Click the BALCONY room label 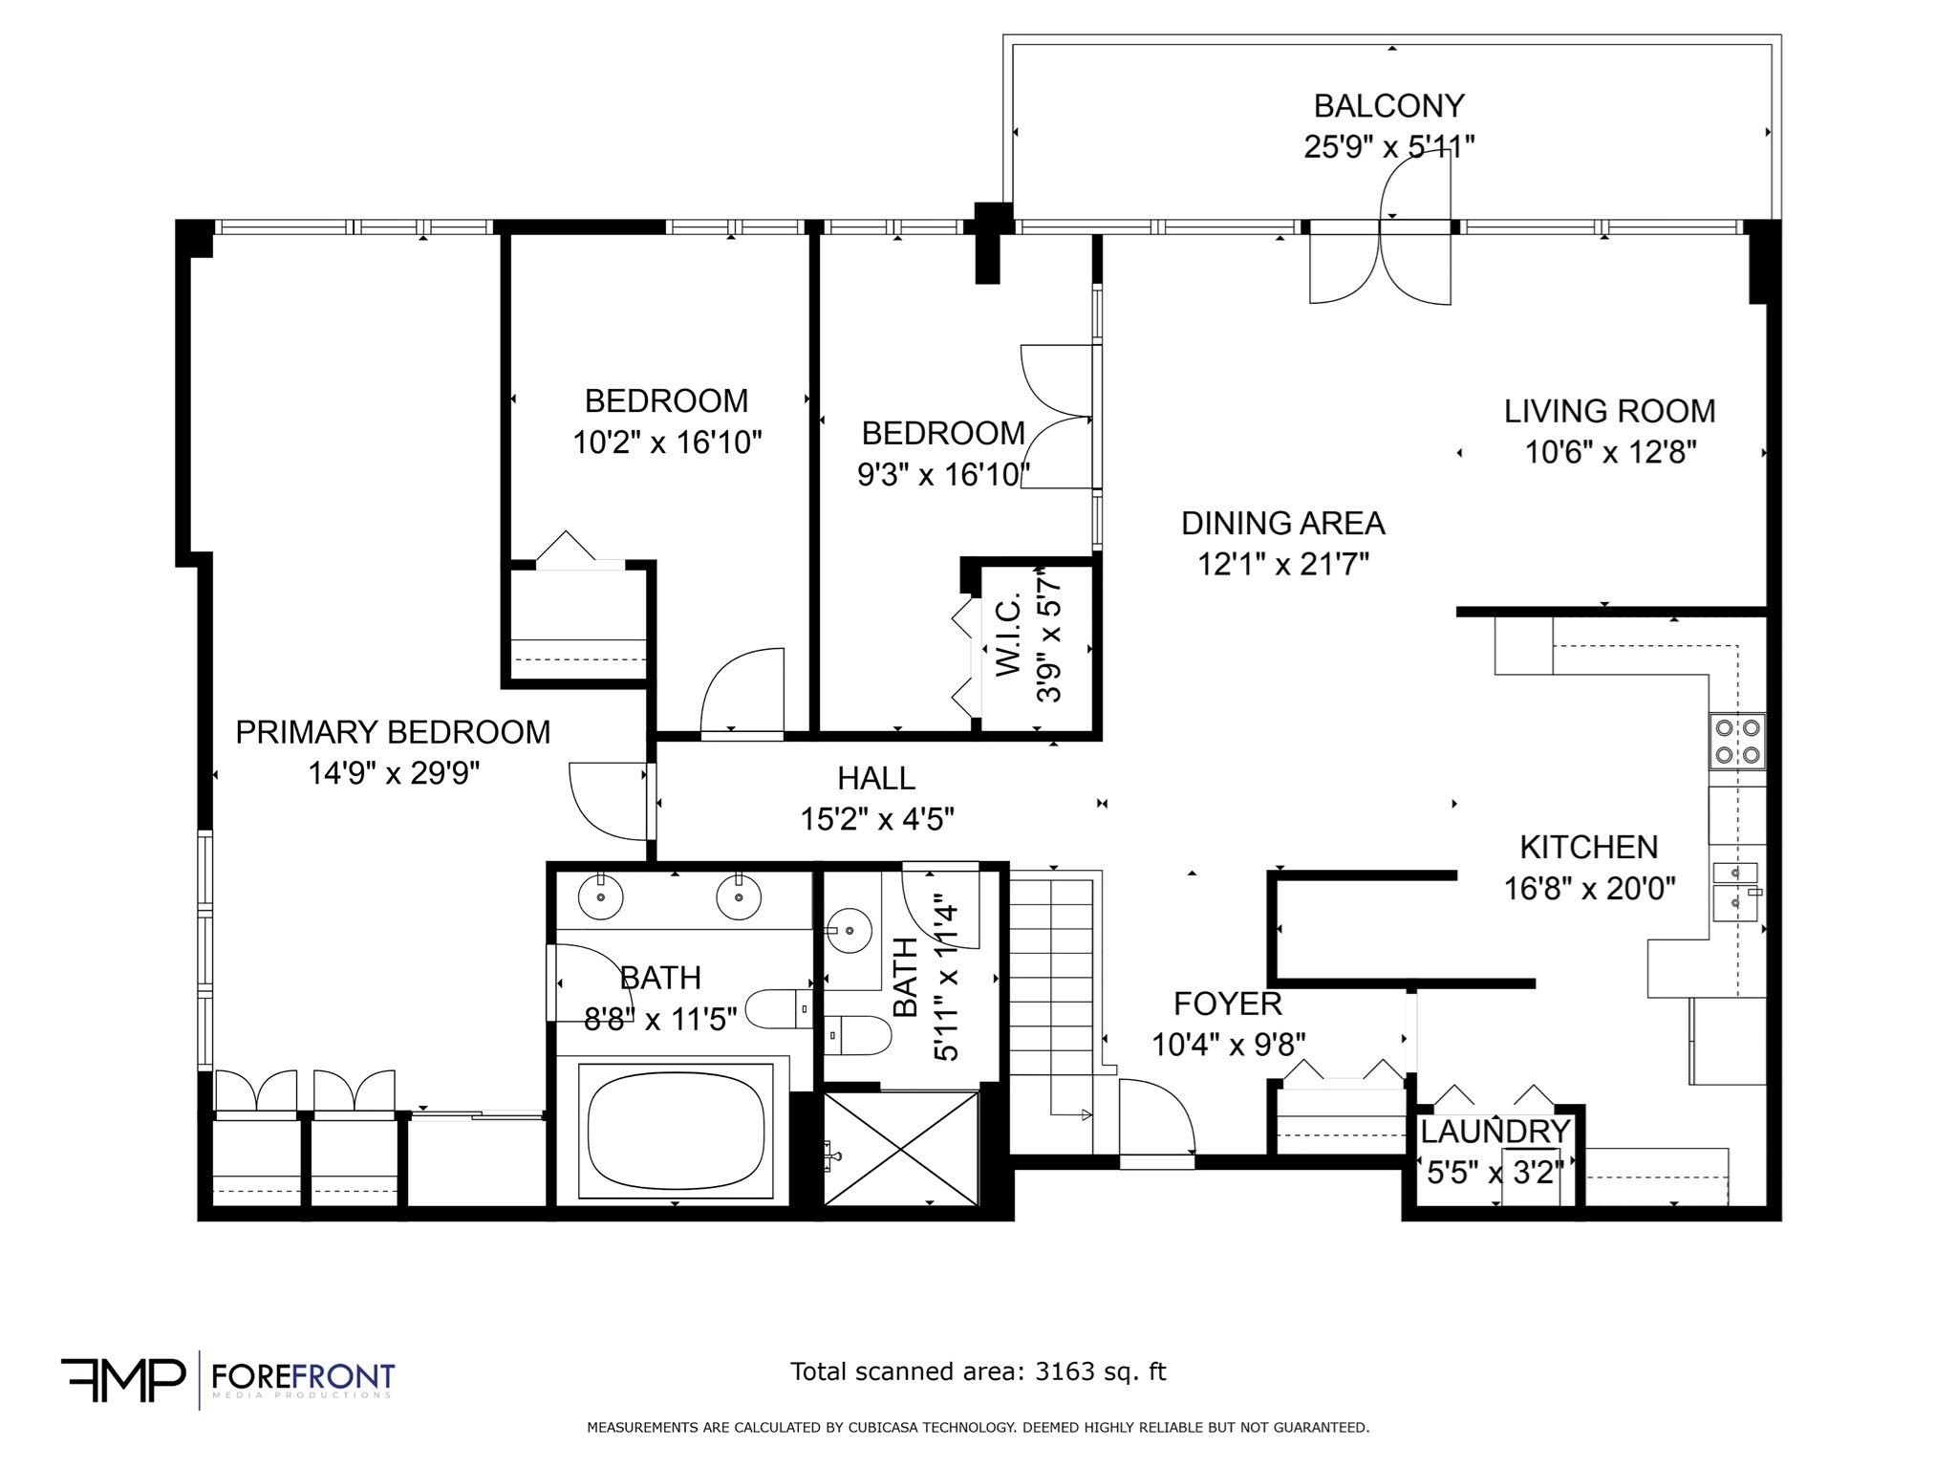tap(1388, 105)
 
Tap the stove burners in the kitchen tap(1737, 741)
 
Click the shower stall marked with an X tap(901, 1148)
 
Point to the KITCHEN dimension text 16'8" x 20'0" tap(1589, 889)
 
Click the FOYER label tap(1227, 1004)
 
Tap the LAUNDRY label tap(1495, 1132)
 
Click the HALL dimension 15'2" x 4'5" tap(876, 819)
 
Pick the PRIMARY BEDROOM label tap(393, 732)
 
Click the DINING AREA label tap(1282, 523)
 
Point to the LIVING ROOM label tap(1609, 411)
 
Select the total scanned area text tap(978, 1371)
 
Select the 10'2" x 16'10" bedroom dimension tap(667, 443)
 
